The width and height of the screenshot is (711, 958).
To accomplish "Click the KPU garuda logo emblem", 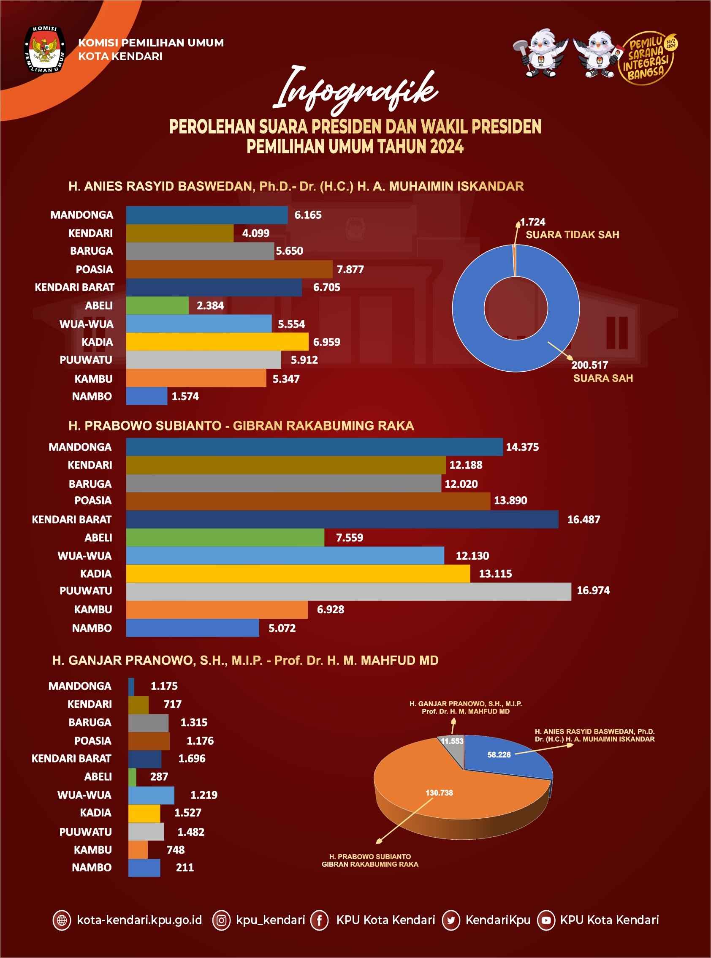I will (x=44, y=49).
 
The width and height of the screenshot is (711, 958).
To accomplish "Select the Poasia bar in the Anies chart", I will (x=229, y=269).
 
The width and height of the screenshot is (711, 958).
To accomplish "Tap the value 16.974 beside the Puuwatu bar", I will (x=593, y=590).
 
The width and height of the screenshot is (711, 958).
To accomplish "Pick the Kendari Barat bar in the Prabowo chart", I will (x=342, y=519).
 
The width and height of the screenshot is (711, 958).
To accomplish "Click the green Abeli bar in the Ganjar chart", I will (x=132, y=777).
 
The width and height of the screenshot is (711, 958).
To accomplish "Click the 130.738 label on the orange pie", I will (x=439, y=793).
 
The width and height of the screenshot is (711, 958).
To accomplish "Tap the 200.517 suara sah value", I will (x=589, y=365).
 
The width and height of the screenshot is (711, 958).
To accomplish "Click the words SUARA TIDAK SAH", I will (x=572, y=235).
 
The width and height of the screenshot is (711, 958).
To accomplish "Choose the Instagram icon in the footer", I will (x=221, y=920).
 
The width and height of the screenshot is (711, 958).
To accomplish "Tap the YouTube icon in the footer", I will (x=546, y=920).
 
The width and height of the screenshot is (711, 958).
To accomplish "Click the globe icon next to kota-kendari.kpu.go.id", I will (x=62, y=920).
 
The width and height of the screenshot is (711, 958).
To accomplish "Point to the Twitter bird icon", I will (x=451, y=920).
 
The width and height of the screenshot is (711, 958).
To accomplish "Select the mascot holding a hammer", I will (x=540, y=53).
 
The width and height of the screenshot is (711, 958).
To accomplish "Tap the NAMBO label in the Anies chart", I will (x=92, y=396).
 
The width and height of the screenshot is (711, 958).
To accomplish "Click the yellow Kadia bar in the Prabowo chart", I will (x=298, y=574).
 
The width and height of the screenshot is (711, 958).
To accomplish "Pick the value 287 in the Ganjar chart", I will (x=159, y=777).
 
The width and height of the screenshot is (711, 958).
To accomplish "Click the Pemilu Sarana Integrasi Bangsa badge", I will (x=647, y=58).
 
